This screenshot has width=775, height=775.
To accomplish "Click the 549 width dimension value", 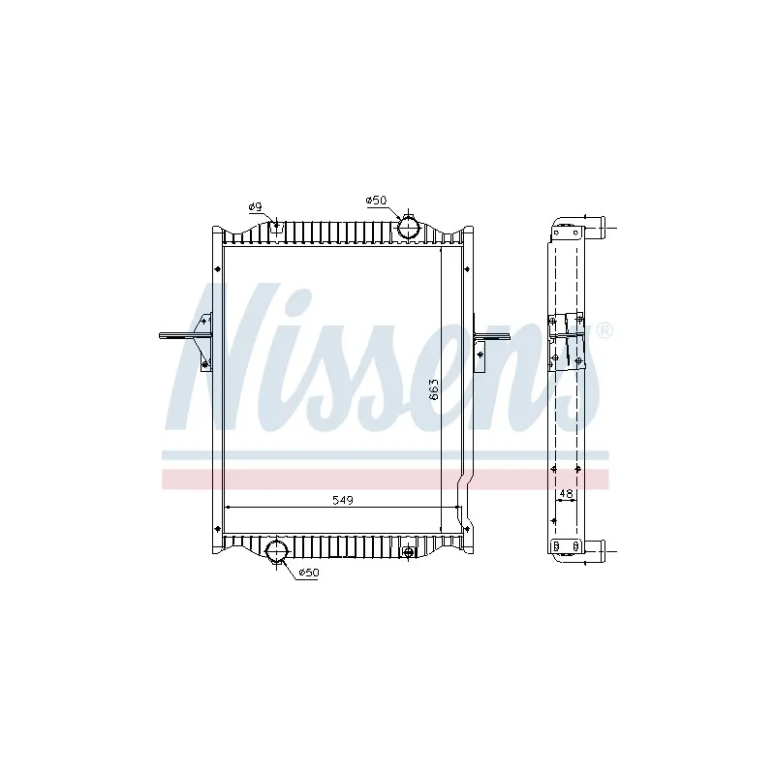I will pyautogui.click(x=343, y=500).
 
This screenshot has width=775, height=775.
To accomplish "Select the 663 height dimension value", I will pyautogui.click(x=435, y=388).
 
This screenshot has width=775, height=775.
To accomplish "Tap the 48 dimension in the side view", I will pyautogui.click(x=565, y=493).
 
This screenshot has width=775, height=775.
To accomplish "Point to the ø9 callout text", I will pyautogui.click(x=255, y=205).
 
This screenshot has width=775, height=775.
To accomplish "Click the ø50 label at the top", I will pyautogui.click(x=376, y=200).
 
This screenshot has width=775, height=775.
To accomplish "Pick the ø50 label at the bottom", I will pyautogui.click(x=308, y=573).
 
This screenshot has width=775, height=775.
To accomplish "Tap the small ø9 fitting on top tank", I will pyautogui.click(x=278, y=228).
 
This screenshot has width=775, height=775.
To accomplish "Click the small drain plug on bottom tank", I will pyautogui.click(x=409, y=552).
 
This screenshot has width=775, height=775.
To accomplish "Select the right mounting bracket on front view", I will pyautogui.click(x=487, y=341).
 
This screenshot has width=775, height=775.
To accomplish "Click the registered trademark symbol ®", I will pyautogui.click(x=604, y=331).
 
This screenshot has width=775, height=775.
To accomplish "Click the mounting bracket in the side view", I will pyautogui.click(x=566, y=339).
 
